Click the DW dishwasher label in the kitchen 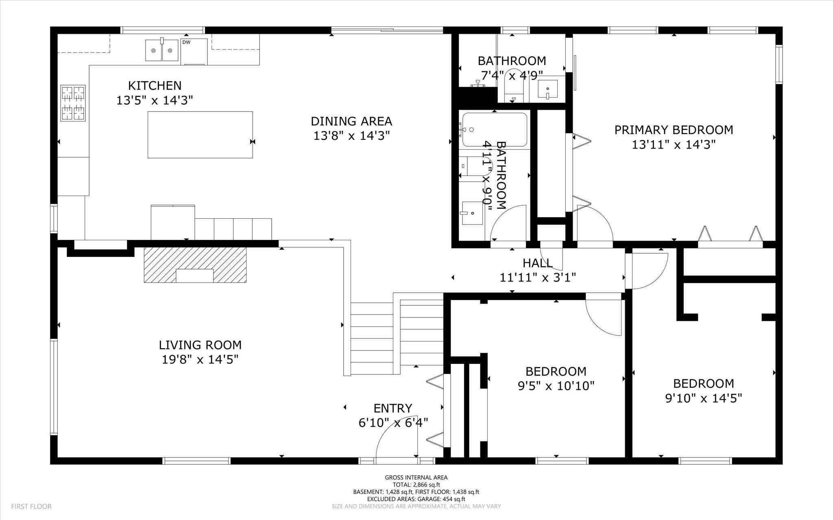pos(186,42)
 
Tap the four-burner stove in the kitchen pos(73,103)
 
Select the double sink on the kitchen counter pos(162,50)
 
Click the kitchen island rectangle pos(200,135)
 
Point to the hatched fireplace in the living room pos(195,265)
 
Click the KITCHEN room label pos(155,86)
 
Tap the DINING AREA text pos(351,121)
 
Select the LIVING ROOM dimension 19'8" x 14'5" pos(200,359)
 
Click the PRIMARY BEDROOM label pos(674,130)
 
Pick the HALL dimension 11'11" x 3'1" pos(538,277)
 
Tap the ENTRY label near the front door pos(393,408)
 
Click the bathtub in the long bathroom pos(495,130)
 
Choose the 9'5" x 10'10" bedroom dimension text pos(556,385)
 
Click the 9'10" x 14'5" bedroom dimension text pos(704,398)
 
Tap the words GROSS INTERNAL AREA pos(416,477)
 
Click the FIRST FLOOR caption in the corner pos(31,506)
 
